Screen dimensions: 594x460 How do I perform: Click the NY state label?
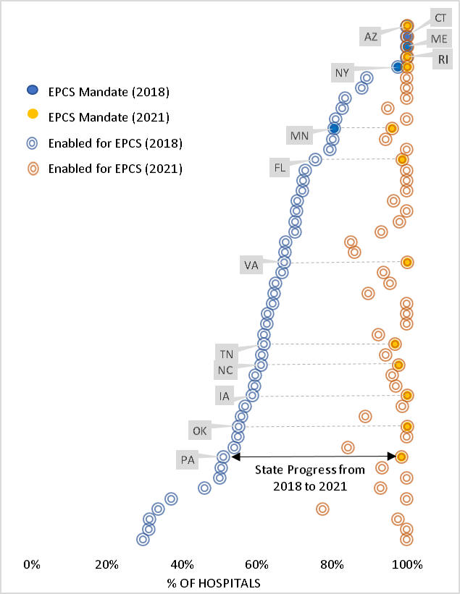pyautogui.click(x=342, y=73)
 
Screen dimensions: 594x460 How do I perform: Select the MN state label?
pyautogui.click(x=299, y=135)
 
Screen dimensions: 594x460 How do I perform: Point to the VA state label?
pyautogui.click(x=251, y=265)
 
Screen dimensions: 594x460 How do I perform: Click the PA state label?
pyautogui.click(x=188, y=459)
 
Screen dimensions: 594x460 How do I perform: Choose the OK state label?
pyautogui.click(x=199, y=430)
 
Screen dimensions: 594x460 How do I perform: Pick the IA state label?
pyautogui.click(x=225, y=396)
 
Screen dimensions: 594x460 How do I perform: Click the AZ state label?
pyautogui.click(x=371, y=36)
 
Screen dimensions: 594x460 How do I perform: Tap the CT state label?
pyautogui.click(x=440, y=17)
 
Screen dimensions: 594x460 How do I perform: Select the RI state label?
pyautogui.click(x=443, y=60)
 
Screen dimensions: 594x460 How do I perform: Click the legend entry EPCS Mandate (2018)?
pyautogui.click(x=108, y=92)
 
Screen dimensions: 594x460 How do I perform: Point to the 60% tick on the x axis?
pyautogui.click(x=257, y=564)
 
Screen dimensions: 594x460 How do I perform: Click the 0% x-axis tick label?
pyautogui.click(x=32, y=564)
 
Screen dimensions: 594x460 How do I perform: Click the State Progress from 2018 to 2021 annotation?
pyautogui.click(x=309, y=478)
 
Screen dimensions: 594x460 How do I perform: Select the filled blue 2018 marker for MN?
pyautogui.click(x=334, y=128)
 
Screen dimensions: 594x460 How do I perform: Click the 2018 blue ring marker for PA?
pyautogui.click(x=223, y=457)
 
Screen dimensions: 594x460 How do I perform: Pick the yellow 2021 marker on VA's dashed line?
pyautogui.click(x=407, y=262)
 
